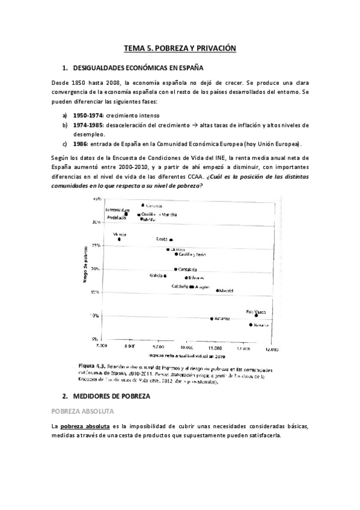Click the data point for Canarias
tap(143, 205)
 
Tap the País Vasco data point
tap(257, 315)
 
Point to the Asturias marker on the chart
tap(212, 318)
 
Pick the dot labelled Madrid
tap(218, 290)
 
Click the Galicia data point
tap(165, 276)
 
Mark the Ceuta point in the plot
tap(171, 239)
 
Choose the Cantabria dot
tap(175, 269)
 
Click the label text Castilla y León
tap(192, 254)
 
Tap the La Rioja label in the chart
tap(175, 249)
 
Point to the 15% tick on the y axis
tap(94, 292)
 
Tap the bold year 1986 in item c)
tap(81, 144)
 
